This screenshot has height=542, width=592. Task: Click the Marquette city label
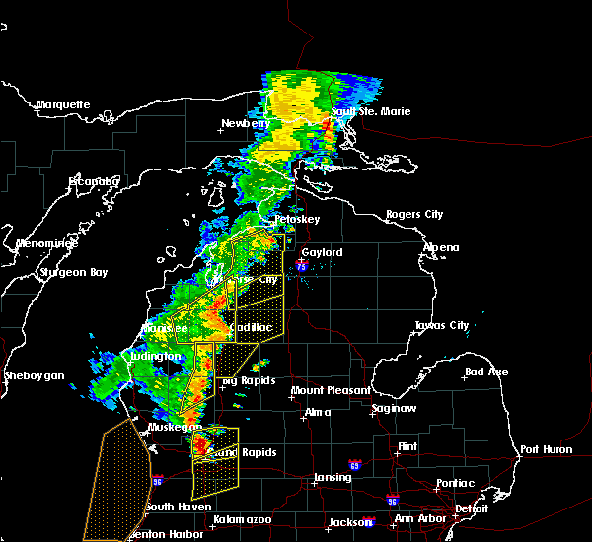(x=63, y=104)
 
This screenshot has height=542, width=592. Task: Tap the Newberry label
(x=246, y=124)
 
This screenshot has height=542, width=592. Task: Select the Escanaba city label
(x=94, y=181)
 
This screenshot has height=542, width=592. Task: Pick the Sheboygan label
(x=34, y=375)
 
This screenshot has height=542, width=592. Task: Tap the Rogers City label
(x=414, y=214)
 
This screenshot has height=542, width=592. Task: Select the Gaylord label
(x=322, y=252)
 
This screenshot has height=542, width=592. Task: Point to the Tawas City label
(x=441, y=325)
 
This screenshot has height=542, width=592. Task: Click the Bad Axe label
(x=486, y=372)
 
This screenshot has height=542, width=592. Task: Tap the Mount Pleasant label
(x=331, y=391)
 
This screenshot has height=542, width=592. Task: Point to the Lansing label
(x=333, y=478)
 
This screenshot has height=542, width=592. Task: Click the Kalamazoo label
(x=242, y=518)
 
